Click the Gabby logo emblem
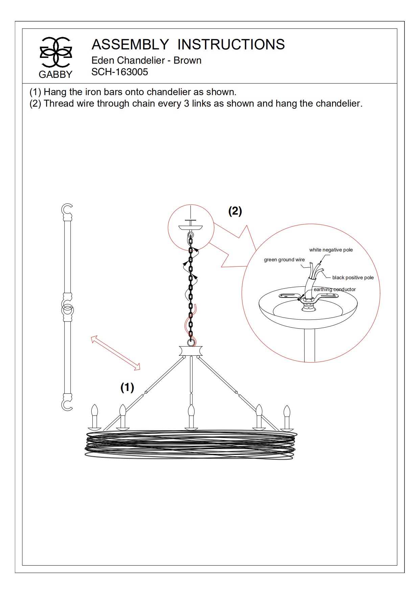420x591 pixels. (x=56, y=52)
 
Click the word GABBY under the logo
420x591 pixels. (x=55, y=74)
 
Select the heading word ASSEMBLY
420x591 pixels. (x=130, y=45)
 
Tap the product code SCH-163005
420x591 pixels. (x=120, y=72)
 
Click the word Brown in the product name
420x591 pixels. (x=187, y=61)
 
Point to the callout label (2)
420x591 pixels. (x=235, y=211)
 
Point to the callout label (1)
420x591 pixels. (x=127, y=387)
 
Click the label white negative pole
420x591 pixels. (x=331, y=250)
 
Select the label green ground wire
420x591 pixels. (x=284, y=260)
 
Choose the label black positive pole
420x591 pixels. (x=353, y=278)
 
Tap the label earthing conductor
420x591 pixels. (x=334, y=289)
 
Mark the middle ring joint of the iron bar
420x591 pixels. (x=67, y=310)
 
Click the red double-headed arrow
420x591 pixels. (x=115, y=353)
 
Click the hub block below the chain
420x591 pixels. (x=191, y=351)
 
